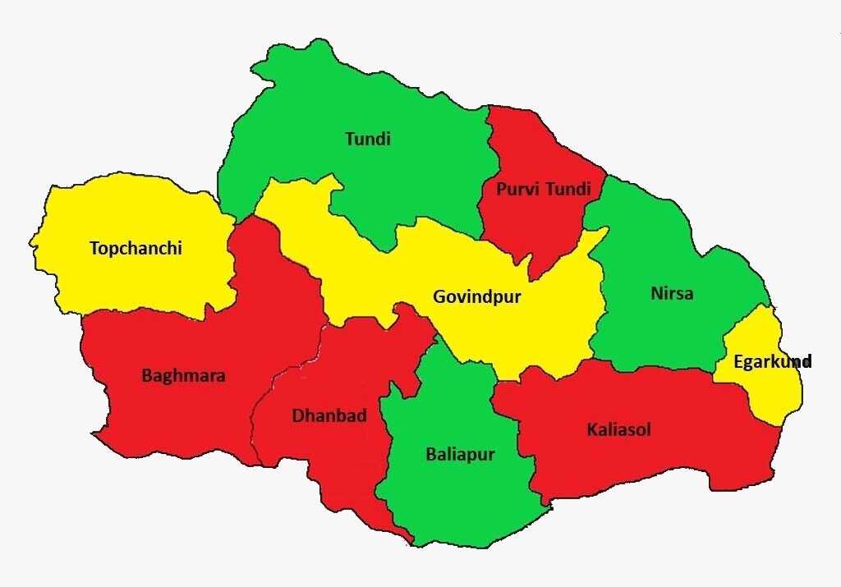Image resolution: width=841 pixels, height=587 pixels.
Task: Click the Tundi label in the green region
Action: point(367,139)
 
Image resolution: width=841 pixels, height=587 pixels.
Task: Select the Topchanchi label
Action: point(136,248)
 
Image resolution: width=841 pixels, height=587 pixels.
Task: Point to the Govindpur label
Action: point(476,297)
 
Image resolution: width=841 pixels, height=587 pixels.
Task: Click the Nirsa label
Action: point(671,293)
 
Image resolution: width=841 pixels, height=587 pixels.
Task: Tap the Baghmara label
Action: point(183,376)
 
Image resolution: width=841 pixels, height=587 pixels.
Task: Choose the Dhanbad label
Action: point(329,415)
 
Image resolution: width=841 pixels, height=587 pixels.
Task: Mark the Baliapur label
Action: point(460,454)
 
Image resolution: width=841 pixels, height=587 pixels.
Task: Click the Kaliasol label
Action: point(618,429)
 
